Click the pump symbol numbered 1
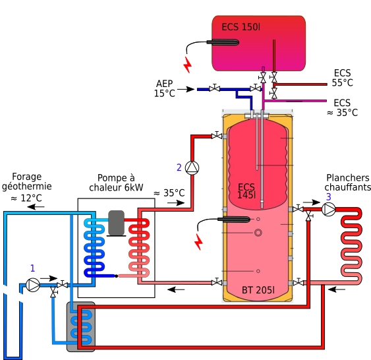33,285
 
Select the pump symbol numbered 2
192,168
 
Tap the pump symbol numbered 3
329,210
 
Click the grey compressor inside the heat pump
116,223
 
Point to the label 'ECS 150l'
241,27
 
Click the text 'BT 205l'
258,290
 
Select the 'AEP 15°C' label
165,88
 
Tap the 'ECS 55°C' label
343,78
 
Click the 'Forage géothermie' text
27,181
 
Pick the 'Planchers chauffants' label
347,183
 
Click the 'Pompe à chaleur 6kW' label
116,183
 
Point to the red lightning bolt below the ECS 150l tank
188,65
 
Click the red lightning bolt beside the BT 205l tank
198,242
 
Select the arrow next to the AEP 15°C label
186,89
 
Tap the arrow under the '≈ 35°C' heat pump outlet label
176,203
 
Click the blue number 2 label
179,167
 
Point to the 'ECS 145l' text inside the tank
246,191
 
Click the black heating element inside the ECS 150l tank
223,42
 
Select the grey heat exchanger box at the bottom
81,326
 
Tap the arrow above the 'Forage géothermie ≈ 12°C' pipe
36,207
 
